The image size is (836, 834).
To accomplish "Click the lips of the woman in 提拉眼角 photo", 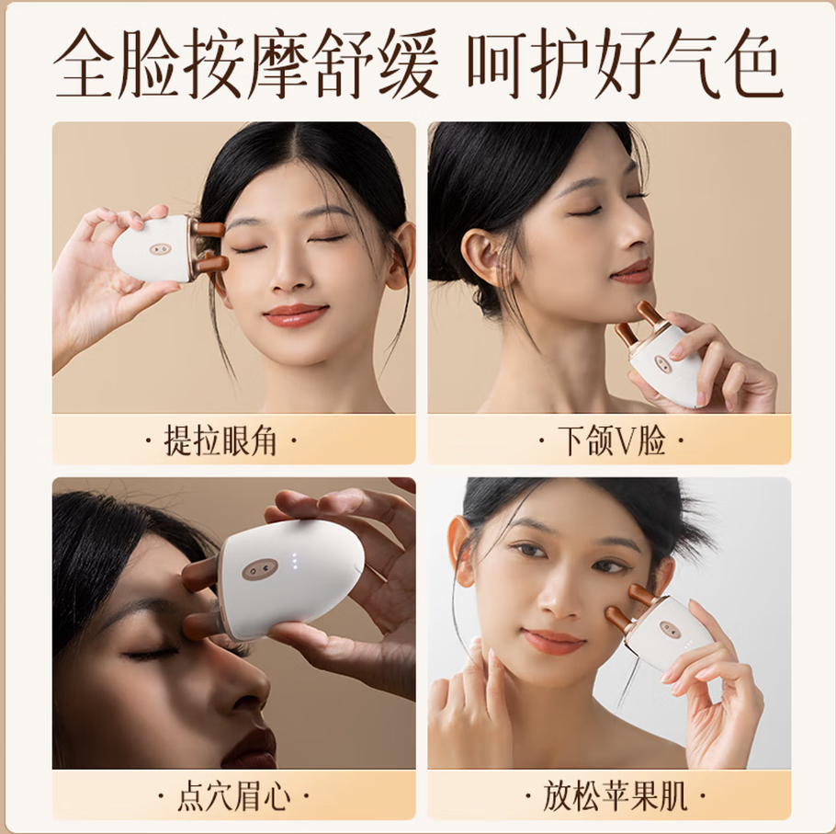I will pos(296,314).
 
